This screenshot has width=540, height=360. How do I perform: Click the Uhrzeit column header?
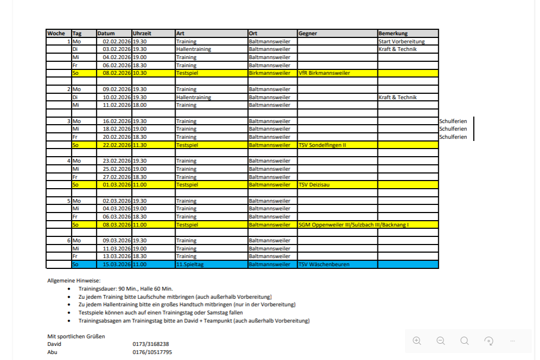tap(142, 34)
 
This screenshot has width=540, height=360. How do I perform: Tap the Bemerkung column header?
tap(393, 34)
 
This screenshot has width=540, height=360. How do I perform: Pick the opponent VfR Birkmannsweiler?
tap(324, 73)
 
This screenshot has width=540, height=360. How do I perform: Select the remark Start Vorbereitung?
tap(402, 42)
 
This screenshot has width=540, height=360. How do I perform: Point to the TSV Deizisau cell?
tap(314, 185)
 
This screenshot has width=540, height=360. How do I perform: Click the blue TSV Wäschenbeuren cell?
tap(324, 265)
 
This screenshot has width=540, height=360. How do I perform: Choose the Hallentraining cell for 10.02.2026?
tap(194, 98)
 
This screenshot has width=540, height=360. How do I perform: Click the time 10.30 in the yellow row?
tap(140, 73)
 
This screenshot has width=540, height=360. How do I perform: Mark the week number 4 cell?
tap(68, 161)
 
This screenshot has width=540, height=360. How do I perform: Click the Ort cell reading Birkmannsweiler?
tap(269, 73)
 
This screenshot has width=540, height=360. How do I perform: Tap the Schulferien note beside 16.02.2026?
tap(453, 121)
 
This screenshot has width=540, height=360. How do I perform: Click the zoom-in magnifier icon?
tap(417, 341)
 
